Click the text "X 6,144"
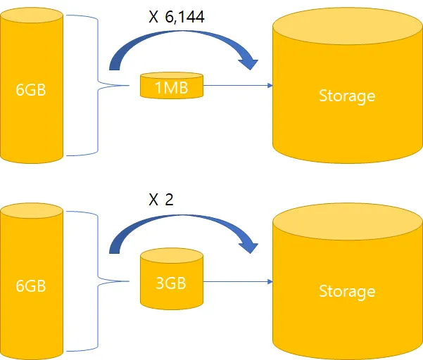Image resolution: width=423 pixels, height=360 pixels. tap(177, 17)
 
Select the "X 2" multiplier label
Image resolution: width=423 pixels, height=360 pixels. tap(160, 199)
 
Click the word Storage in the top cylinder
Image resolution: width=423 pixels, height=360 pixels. tap(347, 96)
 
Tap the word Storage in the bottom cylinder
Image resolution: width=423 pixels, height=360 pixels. tap(347, 290)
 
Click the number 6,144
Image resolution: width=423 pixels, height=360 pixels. tap(185, 17)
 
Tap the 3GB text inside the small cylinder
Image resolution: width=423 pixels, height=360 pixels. tap(172, 285)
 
